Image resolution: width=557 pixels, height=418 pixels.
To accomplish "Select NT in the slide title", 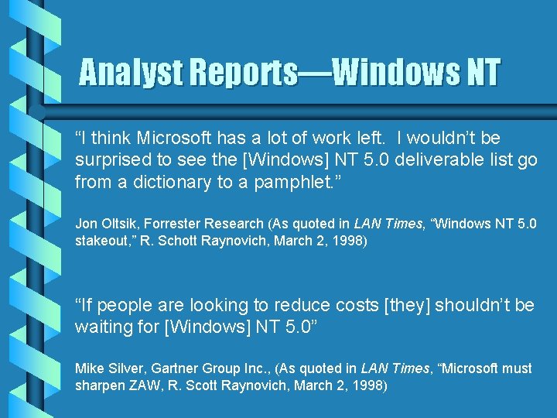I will tap(481, 74).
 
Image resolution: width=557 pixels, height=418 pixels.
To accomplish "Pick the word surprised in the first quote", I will tap(113, 160).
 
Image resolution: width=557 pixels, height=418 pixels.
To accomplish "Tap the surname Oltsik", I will tap(121, 224).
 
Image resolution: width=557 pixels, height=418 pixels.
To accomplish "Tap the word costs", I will tap(355, 305).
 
